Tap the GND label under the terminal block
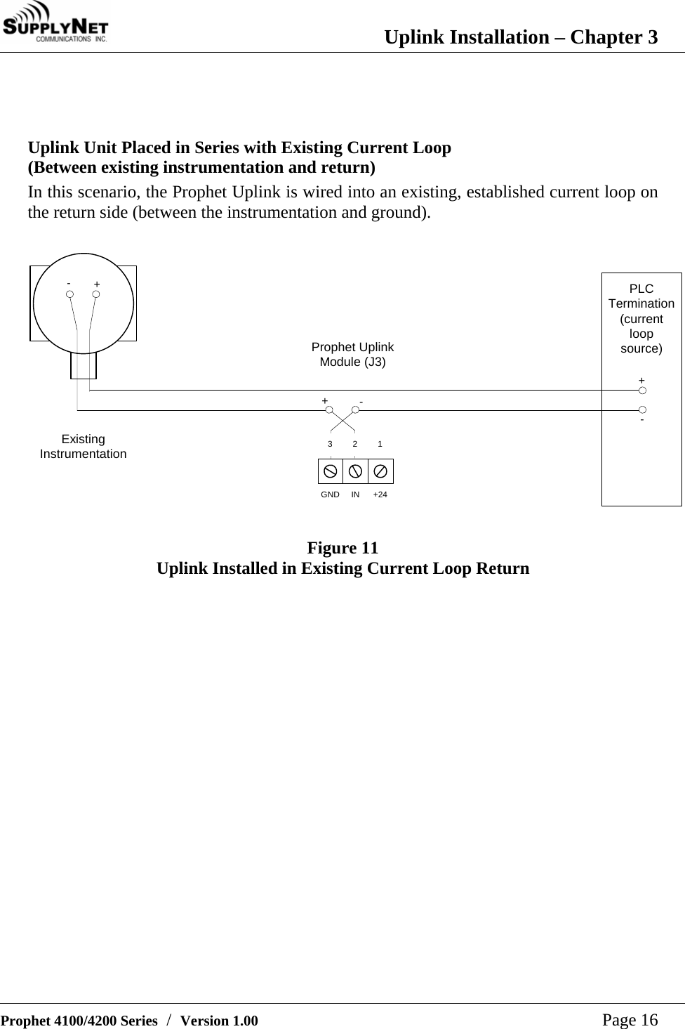pyautogui.click(x=330, y=495)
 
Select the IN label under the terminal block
pyautogui.click(x=355, y=495)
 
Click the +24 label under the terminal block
pyautogui.click(x=380, y=495)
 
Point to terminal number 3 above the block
pyautogui.click(x=330, y=445)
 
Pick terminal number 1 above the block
pyautogui.click(x=380, y=445)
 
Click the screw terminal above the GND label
pyautogui.click(x=330, y=471)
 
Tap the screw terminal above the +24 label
pyautogui.click(x=380, y=471)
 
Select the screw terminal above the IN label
pyautogui.click(x=355, y=471)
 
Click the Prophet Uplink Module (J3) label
pyautogui.click(x=352, y=355)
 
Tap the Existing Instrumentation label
pyautogui.click(x=83, y=447)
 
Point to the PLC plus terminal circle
pyautogui.click(x=642, y=391)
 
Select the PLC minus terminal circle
pyautogui.click(x=642, y=409)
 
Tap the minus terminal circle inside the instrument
pyautogui.click(x=70, y=294)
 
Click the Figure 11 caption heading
pyautogui.click(x=342, y=548)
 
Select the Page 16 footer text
pyautogui.click(x=630, y=1020)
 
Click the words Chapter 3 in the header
pyautogui.click(x=613, y=37)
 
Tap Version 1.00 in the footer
pyautogui.click(x=219, y=1021)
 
